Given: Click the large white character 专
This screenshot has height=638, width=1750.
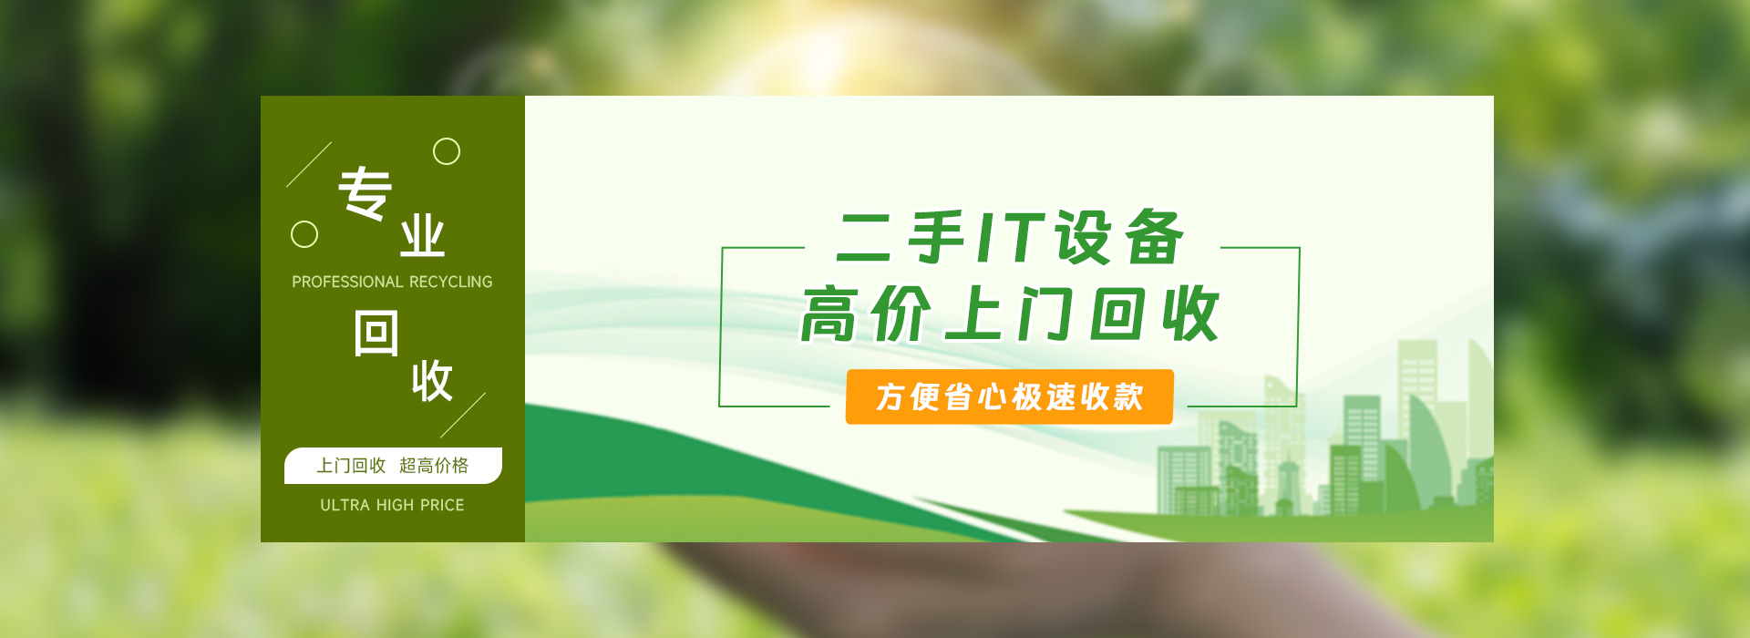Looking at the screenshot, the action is [x=365, y=193].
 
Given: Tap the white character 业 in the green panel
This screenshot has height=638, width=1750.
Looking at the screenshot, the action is [x=422, y=237].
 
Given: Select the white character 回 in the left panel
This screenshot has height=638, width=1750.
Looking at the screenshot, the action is [x=376, y=334].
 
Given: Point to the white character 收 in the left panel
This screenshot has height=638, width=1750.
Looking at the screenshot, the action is [x=432, y=381].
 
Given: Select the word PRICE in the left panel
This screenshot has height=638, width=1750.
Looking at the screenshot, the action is [x=442, y=505].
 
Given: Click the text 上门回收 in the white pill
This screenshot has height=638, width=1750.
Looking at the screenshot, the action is [x=351, y=466].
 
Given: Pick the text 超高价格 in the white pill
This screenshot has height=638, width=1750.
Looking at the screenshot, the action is [x=434, y=466].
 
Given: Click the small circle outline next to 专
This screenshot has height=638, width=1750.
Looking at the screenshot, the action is [x=447, y=151].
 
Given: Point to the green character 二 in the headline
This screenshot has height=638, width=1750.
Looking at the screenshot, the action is [x=864, y=239].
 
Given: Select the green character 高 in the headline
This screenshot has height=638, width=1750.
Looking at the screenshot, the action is [x=829, y=314].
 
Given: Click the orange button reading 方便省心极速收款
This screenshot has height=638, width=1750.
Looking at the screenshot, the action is [x=1009, y=396].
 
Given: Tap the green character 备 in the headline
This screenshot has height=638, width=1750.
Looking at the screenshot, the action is [x=1154, y=238].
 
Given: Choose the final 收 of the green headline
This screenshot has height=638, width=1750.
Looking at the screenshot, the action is [x=1190, y=314].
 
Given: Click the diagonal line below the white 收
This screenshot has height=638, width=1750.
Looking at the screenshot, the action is [x=463, y=416].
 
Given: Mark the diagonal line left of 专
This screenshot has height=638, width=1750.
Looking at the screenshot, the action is [x=309, y=164].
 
